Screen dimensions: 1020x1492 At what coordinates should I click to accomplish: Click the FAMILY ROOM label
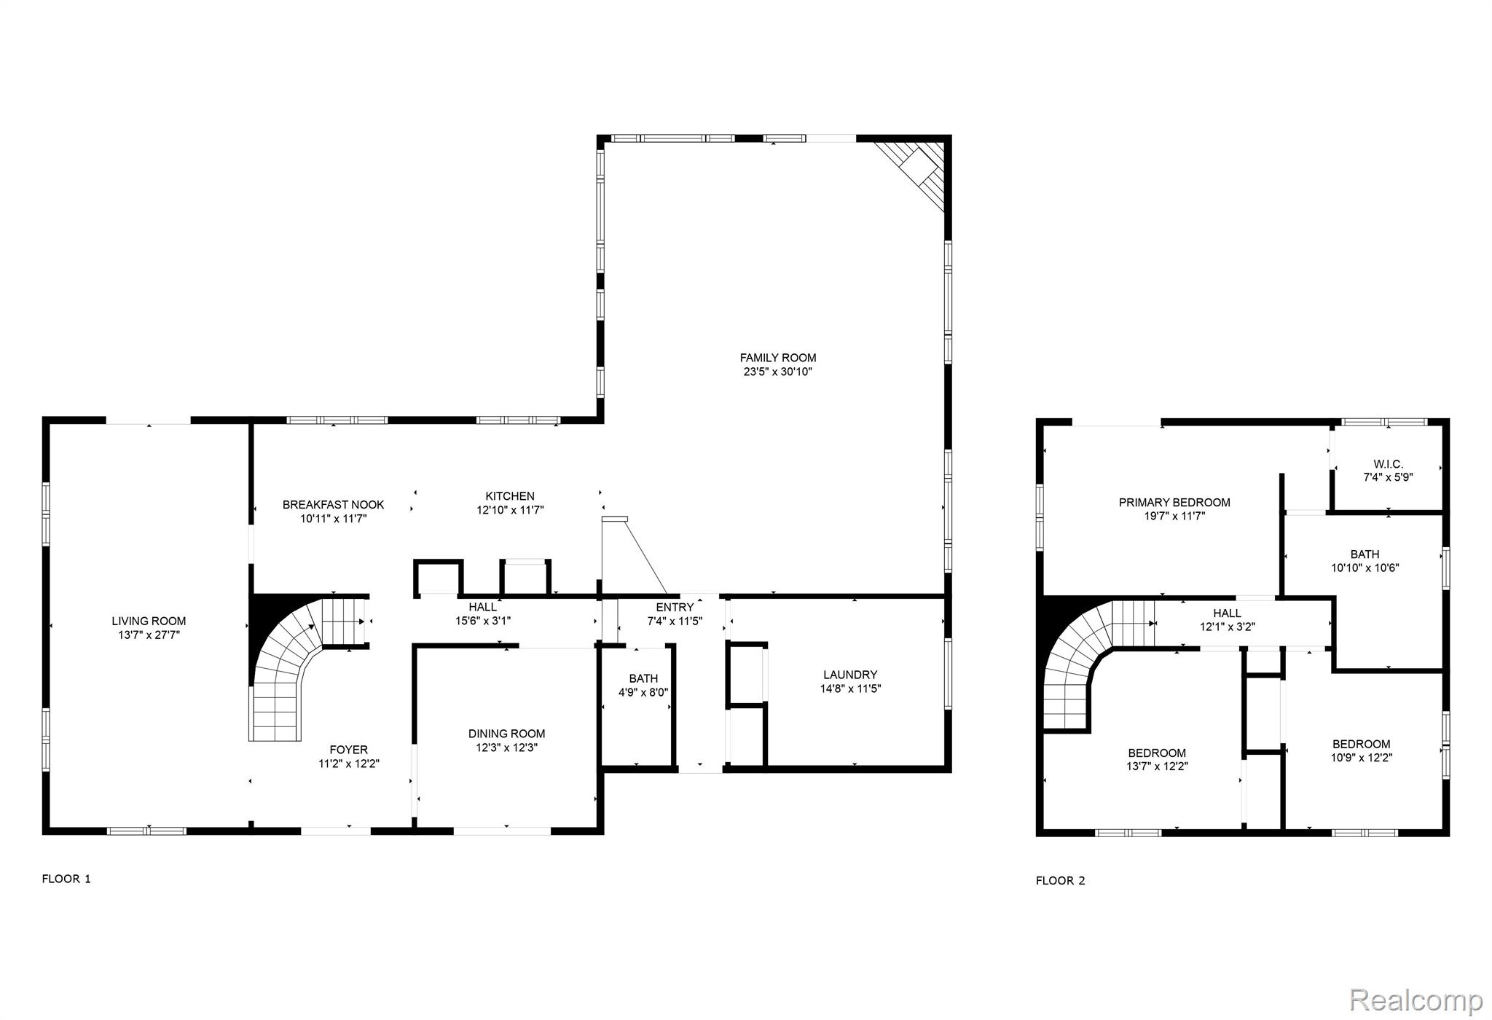pos(777,358)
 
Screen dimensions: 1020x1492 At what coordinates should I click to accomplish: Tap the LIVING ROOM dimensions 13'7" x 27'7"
pos(149,635)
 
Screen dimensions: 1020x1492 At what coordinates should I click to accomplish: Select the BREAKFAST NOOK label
pos(333,504)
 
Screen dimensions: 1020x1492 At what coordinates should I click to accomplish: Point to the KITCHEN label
pos(510,496)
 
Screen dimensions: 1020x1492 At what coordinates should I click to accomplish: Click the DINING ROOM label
pos(506,734)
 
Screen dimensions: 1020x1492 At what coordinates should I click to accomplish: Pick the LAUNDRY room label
pos(850,675)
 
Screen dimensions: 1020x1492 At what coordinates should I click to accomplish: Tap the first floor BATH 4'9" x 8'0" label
pos(643,685)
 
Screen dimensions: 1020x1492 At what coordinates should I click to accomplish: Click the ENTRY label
pos(675,608)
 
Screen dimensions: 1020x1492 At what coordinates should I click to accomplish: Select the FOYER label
pos(348,750)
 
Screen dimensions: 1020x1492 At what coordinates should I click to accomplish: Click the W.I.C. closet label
pos(1388,464)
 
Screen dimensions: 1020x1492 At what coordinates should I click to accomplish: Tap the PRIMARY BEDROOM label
pos(1174,502)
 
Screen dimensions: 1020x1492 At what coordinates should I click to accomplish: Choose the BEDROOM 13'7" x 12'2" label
pos(1157,759)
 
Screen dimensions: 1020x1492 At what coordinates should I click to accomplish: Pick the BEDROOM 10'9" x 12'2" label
pos(1361,750)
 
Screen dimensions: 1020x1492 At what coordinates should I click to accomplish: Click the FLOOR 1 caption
pos(66,879)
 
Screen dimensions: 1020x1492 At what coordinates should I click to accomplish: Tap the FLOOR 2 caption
pos(1060,880)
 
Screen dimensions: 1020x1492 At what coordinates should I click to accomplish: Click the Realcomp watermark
pos(1416,1000)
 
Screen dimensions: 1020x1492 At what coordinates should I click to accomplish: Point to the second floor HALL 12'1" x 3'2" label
pos(1227,619)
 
